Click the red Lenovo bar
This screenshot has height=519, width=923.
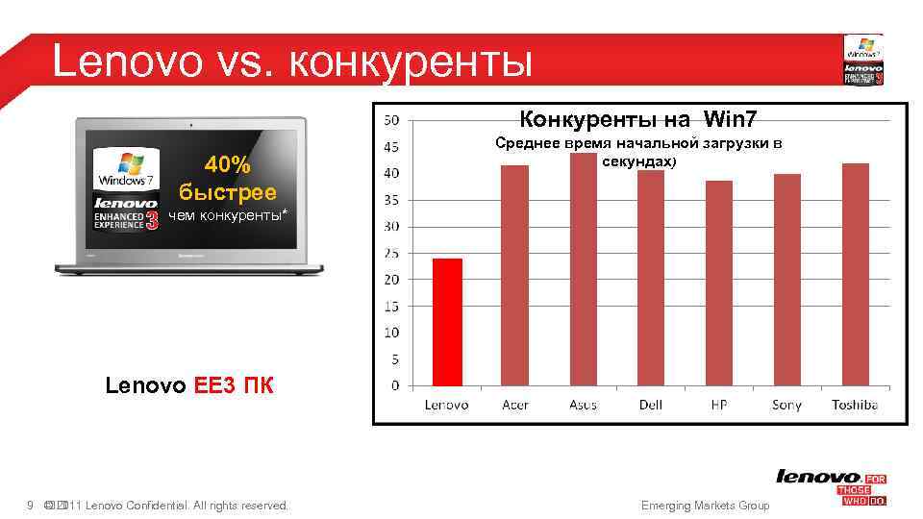pyautogui.click(x=447, y=323)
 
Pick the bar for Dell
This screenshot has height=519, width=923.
pyautogui.click(x=651, y=279)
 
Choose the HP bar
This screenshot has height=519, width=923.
pyautogui.click(x=719, y=284)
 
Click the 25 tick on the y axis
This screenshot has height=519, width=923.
pyautogui.click(x=391, y=254)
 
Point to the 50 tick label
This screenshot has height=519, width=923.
pyautogui.click(x=391, y=120)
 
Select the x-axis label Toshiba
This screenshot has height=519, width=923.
pyautogui.click(x=854, y=405)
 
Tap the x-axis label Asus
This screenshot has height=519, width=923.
pyautogui.click(x=583, y=405)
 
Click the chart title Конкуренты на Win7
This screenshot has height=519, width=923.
pyautogui.click(x=637, y=120)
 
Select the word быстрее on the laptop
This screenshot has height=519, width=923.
pyautogui.click(x=227, y=192)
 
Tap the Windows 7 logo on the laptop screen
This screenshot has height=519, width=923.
pyautogui.click(x=123, y=169)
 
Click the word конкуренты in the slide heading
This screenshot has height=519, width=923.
pyautogui.click(x=409, y=62)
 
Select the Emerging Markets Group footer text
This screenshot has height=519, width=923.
pyautogui.click(x=705, y=506)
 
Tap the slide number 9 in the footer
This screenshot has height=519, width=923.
pyautogui.click(x=31, y=506)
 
